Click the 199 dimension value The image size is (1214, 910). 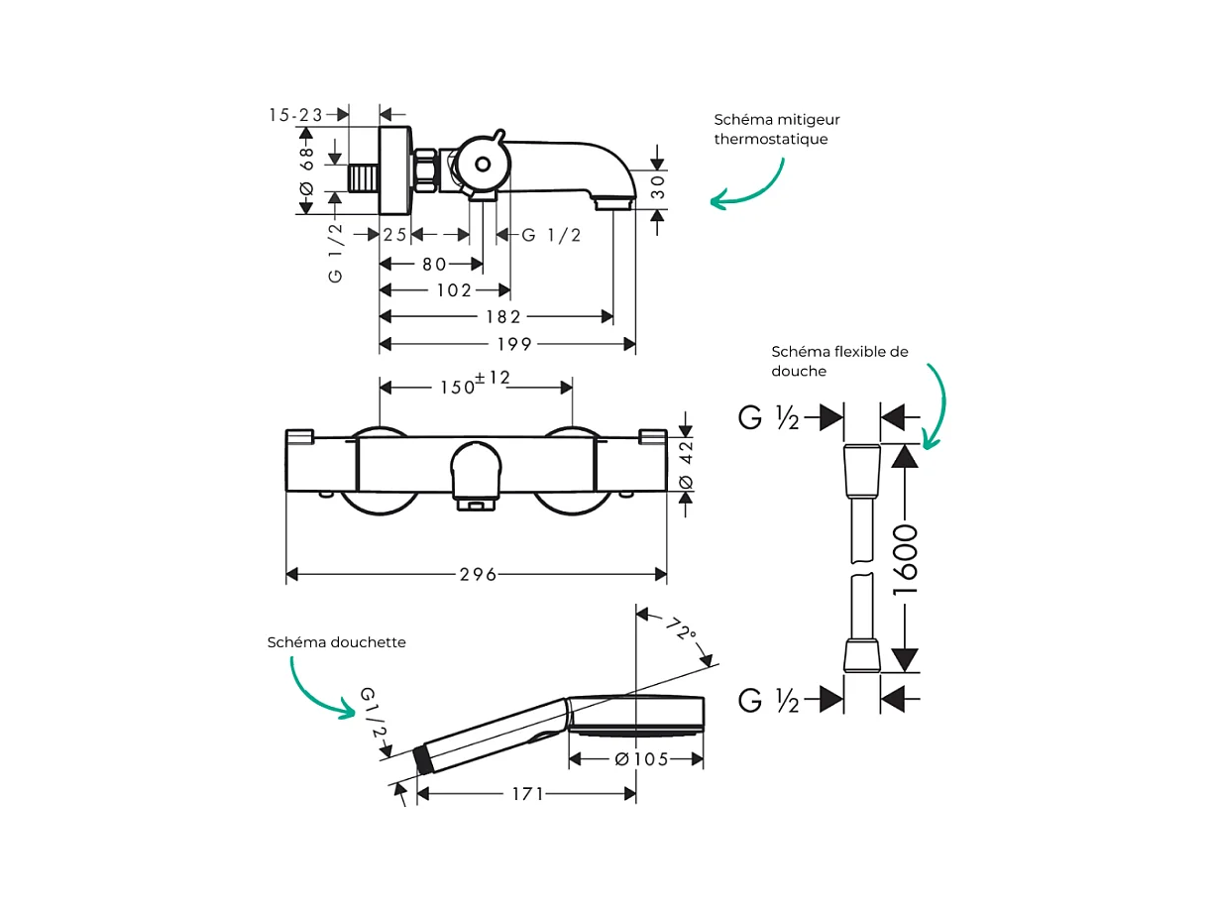coord(514,344)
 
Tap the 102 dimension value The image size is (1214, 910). coord(454,290)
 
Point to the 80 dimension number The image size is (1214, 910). coord(434,264)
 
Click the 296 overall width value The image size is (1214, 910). coord(477,575)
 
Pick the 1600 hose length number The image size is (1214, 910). coord(906,560)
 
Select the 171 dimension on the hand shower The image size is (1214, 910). coord(527,794)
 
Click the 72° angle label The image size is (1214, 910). coord(681,630)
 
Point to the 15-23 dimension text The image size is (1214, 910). coord(295,115)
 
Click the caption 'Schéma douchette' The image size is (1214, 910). coord(336,642)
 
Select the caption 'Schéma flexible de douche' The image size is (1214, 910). coord(839,361)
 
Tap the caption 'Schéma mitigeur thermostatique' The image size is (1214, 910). coord(777,129)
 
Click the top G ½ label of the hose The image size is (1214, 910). coord(769,418)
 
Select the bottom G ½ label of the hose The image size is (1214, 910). coord(769,701)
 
